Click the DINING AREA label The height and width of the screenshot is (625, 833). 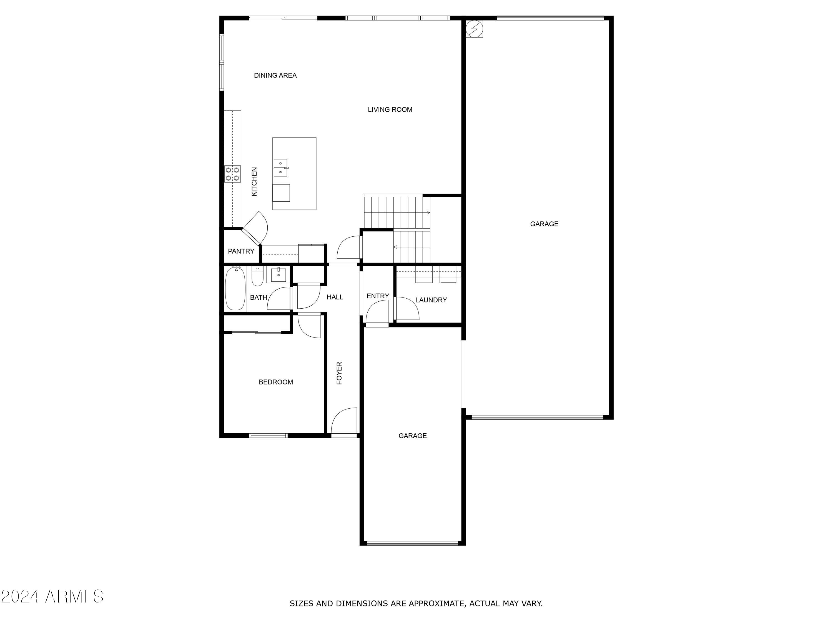tap(275, 75)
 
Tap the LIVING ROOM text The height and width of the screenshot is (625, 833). tap(390, 110)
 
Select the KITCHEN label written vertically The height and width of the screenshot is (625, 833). tap(254, 182)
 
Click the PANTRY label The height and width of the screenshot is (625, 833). tap(241, 251)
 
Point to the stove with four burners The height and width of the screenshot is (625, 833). tap(232, 174)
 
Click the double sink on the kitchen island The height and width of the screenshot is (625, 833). tap(280, 168)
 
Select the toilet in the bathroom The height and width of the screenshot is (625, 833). tap(257, 277)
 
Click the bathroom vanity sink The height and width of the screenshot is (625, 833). tap(278, 275)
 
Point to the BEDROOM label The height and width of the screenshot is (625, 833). tap(276, 382)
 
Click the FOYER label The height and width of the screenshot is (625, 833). tap(339, 373)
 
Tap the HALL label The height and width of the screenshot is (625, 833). tap(335, 297)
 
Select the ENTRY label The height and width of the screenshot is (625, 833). tap(378, 296)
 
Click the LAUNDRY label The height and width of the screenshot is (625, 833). tap(431, 300)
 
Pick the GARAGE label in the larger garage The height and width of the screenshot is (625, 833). tap(544, 224)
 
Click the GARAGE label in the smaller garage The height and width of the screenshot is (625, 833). tap(412, 436)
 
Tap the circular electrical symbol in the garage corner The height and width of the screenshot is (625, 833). tap(475, 29)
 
